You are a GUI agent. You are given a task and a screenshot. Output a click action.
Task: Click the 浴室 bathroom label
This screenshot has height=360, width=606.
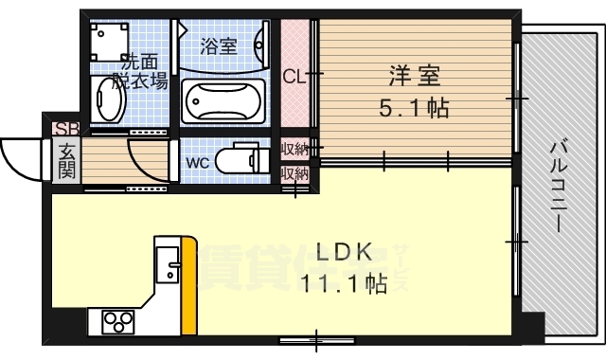tap(219, 45)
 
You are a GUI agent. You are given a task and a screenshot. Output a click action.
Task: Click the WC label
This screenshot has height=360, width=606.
tap(197, 161)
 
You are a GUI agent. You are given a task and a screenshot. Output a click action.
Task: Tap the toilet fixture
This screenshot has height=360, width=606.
tap(241, 158)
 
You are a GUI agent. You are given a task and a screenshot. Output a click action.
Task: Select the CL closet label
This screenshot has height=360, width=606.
tap(295, 78)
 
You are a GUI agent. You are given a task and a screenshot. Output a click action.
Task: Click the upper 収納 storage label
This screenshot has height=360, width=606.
tap(295, 150)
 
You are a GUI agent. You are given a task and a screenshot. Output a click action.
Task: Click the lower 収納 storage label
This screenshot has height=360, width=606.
tap(295, 173)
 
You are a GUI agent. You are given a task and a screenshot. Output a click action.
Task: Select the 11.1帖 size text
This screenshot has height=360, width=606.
tap(344, 283)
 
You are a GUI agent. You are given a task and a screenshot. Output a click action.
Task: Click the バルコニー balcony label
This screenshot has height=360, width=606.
tap(558, 187)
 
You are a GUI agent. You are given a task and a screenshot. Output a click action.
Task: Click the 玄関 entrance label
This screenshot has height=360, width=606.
tap(67, 159)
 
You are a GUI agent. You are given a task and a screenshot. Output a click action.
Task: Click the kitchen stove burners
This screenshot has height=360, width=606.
tap(115, 320)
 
